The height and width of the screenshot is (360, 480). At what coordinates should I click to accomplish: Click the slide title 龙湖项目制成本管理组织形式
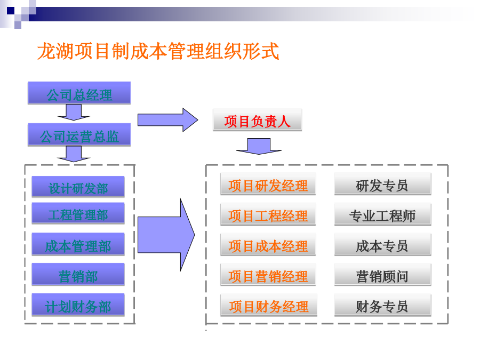point(158,51)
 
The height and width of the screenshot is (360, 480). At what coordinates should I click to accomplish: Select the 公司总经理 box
point(79,93)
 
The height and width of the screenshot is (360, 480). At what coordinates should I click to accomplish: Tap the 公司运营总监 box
point(79,135)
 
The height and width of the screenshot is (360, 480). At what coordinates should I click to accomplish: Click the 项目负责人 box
point(258,119)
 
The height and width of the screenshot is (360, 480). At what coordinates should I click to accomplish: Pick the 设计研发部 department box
point(78,187)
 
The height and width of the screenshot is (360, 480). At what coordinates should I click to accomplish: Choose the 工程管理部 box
point(78,213)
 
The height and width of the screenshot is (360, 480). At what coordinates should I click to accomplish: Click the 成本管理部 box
point(78,244)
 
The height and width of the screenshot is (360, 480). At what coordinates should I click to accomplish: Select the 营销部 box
point(78,274)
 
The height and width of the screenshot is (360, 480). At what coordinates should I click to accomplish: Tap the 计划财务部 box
point(78,305)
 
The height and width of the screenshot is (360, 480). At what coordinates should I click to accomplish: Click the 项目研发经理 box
point(268,184)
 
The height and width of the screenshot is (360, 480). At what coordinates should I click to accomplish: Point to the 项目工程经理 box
point(268,214)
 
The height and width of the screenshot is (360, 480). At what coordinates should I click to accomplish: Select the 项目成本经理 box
point(268,245)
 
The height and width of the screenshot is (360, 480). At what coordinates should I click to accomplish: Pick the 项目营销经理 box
point(268,275)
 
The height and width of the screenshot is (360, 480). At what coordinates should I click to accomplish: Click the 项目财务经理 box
point(269,305)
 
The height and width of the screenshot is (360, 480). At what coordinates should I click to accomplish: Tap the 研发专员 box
point(382,184)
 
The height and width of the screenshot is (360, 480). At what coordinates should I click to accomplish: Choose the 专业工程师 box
point(382,214)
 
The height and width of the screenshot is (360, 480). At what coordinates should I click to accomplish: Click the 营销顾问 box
point(382,275)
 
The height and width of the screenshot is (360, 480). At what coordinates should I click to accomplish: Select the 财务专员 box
point(382,305)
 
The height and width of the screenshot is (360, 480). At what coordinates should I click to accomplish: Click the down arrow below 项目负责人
point(259,146)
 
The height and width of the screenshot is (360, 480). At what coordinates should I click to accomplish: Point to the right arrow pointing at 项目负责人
point(168,119)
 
